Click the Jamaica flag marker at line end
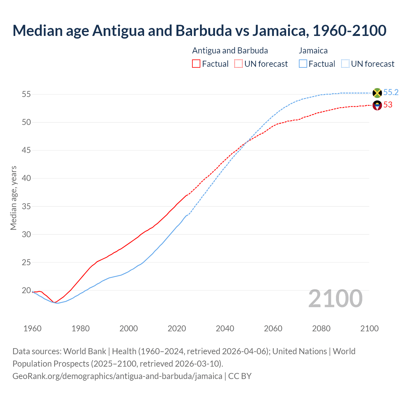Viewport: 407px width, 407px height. click(x=377, y=93)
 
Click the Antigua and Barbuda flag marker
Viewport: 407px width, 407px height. click(x=377, y=105)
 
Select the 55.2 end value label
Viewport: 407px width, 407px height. click(x=391, y=93)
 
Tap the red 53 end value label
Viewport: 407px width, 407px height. click(x=388, y=105)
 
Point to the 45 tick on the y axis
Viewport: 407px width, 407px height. click(x=26, y=150)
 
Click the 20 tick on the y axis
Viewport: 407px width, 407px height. click(x=26, y=290)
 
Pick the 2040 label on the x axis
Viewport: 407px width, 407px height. click(x=225, y=328)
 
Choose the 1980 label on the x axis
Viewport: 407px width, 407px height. click(x=80, y=328)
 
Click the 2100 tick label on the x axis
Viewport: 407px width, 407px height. click(x=369, y=328)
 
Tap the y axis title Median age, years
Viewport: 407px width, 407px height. click(x=13, y=198)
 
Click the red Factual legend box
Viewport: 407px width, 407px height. click(x=196, y=64)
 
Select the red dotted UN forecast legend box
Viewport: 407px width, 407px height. click(x=238, y=64)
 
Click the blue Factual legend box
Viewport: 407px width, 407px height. click(x=303, y=64)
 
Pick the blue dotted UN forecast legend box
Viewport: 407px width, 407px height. click(x=345, y=64)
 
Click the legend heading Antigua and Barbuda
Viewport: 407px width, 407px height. click(x=230, y=51)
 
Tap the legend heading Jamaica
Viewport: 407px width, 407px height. click(x=313, y=51)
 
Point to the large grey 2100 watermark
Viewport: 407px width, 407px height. click(x=335, y=299)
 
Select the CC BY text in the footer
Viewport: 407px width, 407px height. click(x=240, y=376)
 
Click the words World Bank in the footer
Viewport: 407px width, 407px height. click(x=85, y=351)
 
